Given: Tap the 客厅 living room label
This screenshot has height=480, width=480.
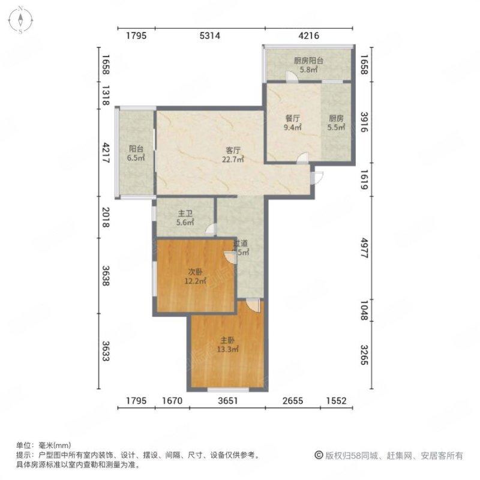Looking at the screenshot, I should (x=233, y=155).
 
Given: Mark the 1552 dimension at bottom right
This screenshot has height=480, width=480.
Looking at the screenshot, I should (x=336, y=400).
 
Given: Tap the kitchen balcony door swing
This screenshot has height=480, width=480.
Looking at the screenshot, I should (x=291, y=77).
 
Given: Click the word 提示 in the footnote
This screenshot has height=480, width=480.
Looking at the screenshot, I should (x=23, y=455).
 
